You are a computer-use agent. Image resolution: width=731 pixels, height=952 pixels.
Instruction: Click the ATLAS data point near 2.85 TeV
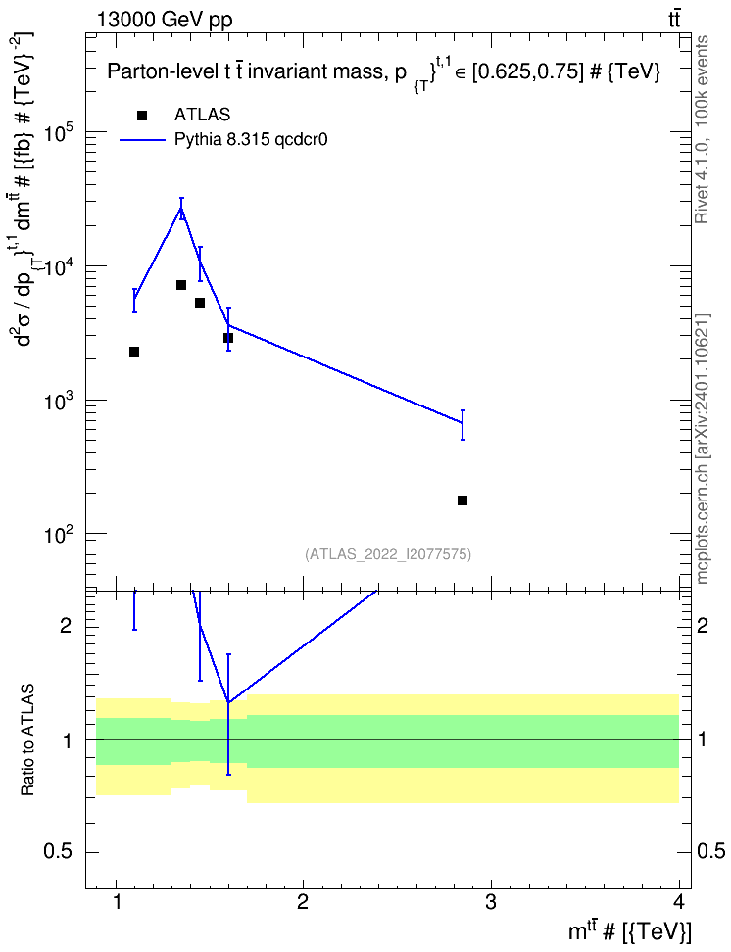coord(463,500)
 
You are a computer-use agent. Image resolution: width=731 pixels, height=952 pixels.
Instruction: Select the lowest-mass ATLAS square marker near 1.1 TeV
coord(134,352)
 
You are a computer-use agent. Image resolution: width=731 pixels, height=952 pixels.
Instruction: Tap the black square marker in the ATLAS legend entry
coord(142,116)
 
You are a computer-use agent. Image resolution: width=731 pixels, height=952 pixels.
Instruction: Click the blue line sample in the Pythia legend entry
coord(143,140)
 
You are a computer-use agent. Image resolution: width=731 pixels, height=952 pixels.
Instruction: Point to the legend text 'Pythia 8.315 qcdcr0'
coord(251,140)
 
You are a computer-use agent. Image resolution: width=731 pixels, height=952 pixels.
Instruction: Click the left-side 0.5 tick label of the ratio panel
coord(60,852)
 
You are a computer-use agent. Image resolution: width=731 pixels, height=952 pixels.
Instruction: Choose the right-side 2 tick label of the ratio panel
coord(703,625)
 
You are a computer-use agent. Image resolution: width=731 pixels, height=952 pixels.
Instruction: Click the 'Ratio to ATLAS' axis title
coord(27,740)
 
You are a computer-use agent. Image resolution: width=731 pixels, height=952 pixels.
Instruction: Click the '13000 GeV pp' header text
coord(164,20)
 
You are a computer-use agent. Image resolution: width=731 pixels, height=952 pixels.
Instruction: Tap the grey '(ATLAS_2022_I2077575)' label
coord(388,553)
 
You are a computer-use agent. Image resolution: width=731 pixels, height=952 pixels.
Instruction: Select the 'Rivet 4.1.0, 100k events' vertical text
coord(702,129)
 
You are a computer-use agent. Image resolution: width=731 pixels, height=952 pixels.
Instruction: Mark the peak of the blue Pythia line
coord(181,208)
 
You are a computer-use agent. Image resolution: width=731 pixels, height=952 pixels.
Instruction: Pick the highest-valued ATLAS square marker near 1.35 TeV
coord(181,285)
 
